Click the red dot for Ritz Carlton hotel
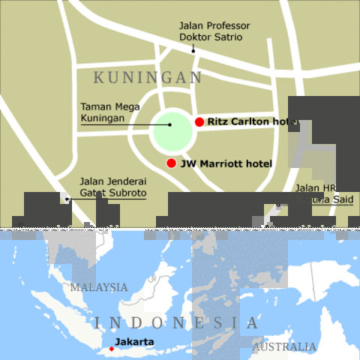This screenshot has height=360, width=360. [x=199, y=121]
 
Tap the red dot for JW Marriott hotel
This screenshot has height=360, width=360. [x=172, y=163]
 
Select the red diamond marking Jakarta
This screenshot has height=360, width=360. [x=112, y=349]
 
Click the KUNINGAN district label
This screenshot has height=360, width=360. [x=148, y=78]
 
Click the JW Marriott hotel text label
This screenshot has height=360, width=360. [x=226, y=163]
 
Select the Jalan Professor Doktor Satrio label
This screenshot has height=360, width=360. [x=214, y=31]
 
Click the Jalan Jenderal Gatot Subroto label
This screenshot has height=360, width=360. [x=112, y=187]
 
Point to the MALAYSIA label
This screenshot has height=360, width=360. [x=99, y=287]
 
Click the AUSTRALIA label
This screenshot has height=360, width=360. [x=284, y=347]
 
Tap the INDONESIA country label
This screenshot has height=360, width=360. [x=177, y=323]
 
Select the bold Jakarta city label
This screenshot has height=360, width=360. [x=135, y=342]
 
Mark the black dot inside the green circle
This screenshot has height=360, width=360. [x=170, y=124]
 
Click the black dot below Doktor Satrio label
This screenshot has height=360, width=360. [x=193, y=50]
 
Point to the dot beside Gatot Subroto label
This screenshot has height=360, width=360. [x=67, y=199]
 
